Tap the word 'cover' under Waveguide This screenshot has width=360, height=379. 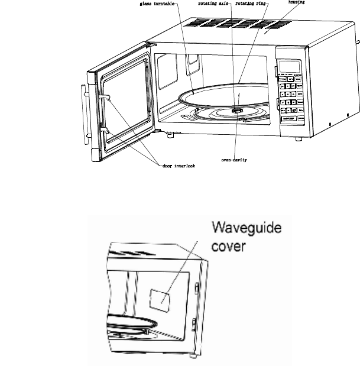228,244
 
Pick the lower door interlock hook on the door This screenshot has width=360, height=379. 104,126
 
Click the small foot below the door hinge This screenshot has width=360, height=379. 170,136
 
